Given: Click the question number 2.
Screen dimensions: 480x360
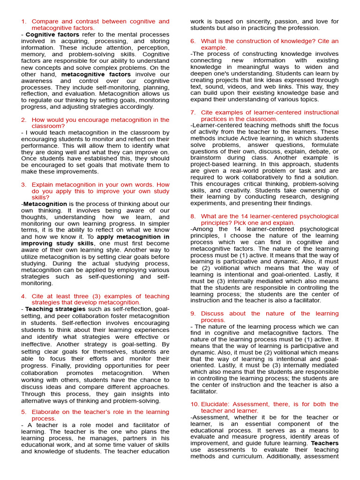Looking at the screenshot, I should click(23, 120).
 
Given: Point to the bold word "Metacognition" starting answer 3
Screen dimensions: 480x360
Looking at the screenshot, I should click(45, 204).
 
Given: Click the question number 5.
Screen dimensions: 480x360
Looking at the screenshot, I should click(23, 412).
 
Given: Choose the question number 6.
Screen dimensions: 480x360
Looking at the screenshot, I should click(193, 41).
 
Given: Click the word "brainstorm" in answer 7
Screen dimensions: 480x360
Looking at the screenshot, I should click(207, 158).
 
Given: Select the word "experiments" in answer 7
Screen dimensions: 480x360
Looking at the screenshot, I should click(208, 203).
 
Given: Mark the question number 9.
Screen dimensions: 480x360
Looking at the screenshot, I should click(193, 314).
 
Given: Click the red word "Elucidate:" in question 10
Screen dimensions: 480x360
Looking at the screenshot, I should click(216, 404).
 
